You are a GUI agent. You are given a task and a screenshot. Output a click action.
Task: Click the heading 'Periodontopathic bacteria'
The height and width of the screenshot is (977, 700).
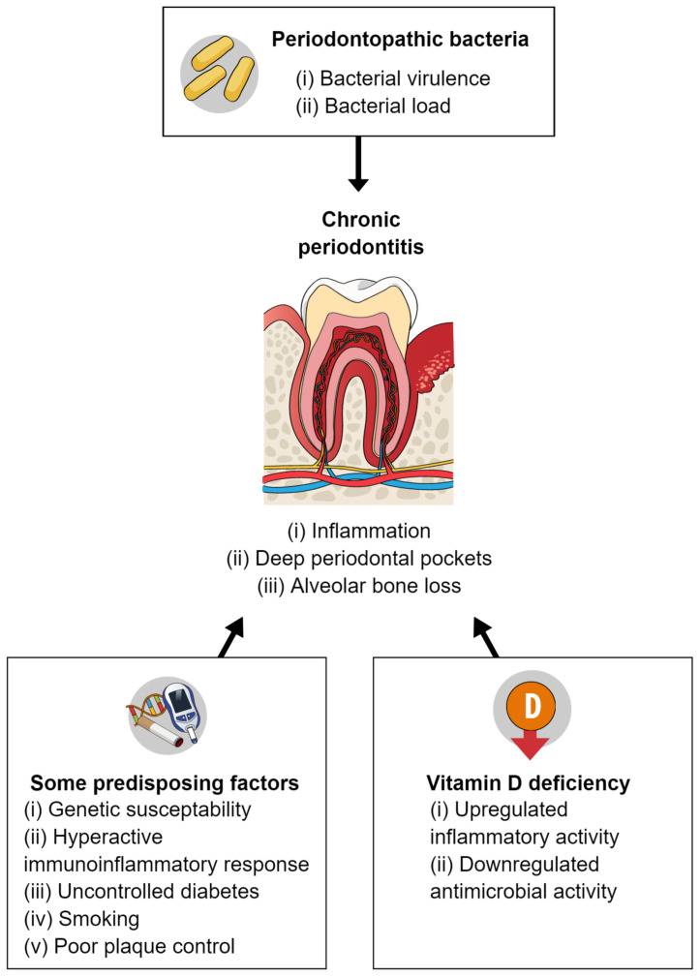pyautogui.click(x=400, y=40)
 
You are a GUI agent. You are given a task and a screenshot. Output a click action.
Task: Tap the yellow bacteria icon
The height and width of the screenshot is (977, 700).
pyautogui.click(x=219, y=74)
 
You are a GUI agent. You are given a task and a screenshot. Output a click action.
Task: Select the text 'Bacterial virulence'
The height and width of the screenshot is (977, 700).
pyautogui.click(x=405, y=78)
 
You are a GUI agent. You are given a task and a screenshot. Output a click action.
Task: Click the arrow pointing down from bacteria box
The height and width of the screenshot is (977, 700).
pyautogui.click(x=358, y=164)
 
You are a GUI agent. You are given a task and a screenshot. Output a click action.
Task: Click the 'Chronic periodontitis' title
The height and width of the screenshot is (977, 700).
pyautogui.click(x=360, y=233)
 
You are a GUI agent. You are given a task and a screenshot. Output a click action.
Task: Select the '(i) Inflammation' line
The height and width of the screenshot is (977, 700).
pyautogui.click(x=359, y=531)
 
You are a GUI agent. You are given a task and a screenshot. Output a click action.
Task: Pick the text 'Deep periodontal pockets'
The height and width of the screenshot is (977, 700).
pyautogui.click(x=374, y=559)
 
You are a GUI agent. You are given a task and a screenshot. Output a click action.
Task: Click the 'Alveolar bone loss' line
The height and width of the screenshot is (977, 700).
pyautogui.click(x=376, y=586)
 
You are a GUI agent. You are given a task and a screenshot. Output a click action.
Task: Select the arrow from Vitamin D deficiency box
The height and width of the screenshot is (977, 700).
pyautogui.click(x=486, y=637)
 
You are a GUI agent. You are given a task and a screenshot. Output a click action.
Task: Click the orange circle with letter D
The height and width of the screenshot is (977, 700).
pyautogui.click(x=532, y=707)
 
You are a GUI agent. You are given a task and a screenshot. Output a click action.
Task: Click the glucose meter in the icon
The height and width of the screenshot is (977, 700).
pyautogui.click(x=185, y=712)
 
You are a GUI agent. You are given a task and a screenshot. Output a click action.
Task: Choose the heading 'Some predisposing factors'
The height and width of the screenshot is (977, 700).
pyautogui.click(x=165, y=782)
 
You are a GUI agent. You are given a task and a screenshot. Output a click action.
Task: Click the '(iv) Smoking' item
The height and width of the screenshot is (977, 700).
pyautogui.click(x=81, y=919)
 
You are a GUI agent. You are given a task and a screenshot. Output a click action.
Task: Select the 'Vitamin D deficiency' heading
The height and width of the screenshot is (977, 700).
pyautogui.click(x=528, y=782)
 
